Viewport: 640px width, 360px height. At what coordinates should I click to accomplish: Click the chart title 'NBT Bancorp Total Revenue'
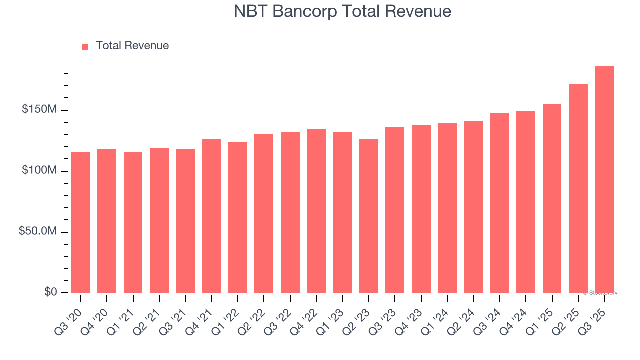[342, 11]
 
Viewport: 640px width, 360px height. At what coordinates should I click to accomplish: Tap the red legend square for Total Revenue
[85, 46]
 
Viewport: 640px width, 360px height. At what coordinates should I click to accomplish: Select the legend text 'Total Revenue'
[132, 46]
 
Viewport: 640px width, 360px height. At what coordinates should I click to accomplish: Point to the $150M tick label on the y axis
[39, 109]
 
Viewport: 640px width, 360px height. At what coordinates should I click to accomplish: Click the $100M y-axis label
[39, 170]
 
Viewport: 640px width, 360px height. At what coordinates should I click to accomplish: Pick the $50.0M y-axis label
[37, 231]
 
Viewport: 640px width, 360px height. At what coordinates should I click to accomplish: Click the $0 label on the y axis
[50, 292]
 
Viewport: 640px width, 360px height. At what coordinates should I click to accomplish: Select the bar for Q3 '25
[604, 180]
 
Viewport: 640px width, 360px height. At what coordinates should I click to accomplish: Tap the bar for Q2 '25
[578, 188]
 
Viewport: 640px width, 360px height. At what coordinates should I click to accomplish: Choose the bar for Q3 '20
[81, 222]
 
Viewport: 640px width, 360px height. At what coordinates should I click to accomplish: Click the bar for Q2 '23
[369, 216]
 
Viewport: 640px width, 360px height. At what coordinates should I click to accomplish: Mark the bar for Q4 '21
[212, 216]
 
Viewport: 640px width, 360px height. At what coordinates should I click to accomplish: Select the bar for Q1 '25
[552, 198]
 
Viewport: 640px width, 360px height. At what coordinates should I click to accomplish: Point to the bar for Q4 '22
[316, 211]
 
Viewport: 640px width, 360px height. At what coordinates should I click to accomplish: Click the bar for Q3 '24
[499, 203]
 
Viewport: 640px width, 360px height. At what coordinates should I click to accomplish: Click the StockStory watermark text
[600, 293]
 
